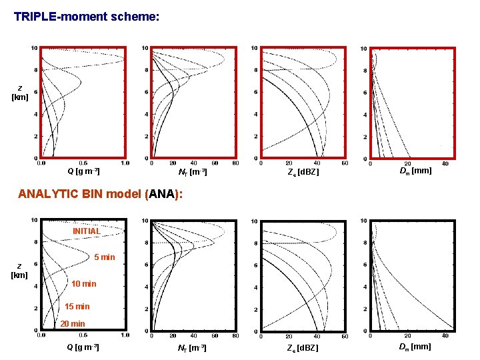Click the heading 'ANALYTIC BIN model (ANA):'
(x=101, y=195)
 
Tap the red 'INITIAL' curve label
(x=87, y=231)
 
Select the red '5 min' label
(x=104, y=257)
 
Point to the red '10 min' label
(x=83, y=284)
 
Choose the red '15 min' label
(x=77, y=307)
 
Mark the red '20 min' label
(x=73, y=323)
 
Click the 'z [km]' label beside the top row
(x=19, y=93)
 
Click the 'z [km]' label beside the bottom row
(x=19, y=270)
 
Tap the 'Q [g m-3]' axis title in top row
(x=83, y=171)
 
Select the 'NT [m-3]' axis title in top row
(x=192, y=172)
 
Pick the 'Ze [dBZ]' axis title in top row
(x=303, y=172)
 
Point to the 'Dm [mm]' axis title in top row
(x=415, y=171)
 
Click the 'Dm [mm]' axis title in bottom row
(x=415, y=347)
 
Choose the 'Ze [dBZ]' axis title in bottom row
(x=303, y=348)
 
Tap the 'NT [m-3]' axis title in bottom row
(x=192, y=348)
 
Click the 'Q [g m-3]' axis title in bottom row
(x=83, y=347)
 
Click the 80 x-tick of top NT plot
(x=235, y=163)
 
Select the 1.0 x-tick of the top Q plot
(x=125, y=163)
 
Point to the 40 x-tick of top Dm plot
(x=445, y=163)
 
